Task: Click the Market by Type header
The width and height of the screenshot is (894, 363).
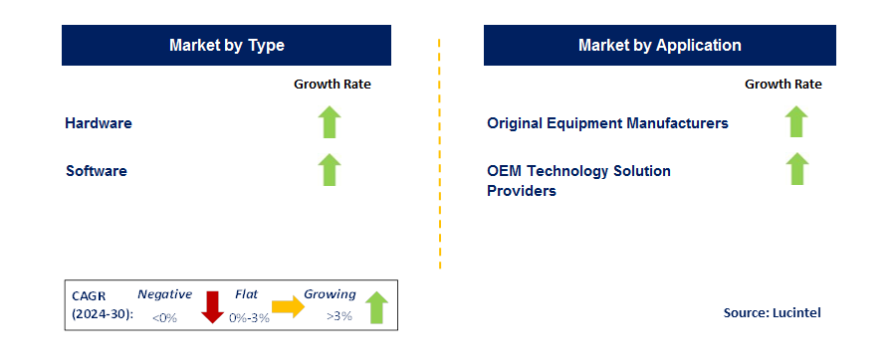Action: (x=226, y=46)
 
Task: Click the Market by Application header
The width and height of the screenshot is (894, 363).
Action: (x=659, y=46)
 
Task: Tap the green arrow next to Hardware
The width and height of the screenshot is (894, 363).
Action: (x=331, y=122)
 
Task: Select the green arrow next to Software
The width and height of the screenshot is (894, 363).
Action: (x=331, y=170)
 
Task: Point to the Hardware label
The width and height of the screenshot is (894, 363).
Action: (x=99, y=123)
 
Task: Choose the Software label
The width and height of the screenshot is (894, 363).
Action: (x=97, y=171)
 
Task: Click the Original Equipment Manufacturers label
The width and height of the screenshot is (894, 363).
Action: (x=607, y=123)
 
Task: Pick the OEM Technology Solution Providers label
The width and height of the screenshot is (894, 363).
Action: (x=578, y=180)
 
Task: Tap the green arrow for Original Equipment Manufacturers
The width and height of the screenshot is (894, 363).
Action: (x=795, y=121)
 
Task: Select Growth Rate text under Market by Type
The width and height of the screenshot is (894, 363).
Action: (x=332, y=85)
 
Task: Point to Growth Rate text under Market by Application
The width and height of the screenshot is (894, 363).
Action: (x=783, y=85)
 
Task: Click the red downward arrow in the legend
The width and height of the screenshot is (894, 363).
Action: (x=212, y=306)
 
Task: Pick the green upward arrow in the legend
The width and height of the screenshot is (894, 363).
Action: (x=376, y=307)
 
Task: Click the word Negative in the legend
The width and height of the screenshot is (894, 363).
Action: (x=164, y=294)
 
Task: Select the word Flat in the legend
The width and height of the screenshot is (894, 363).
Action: (x=247, y=294)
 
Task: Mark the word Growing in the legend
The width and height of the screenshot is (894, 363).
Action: (x=330, y=294)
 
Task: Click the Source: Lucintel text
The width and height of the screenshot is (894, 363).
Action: (x=772, y=313)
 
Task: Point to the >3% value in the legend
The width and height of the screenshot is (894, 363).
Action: (x=340, y=317)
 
